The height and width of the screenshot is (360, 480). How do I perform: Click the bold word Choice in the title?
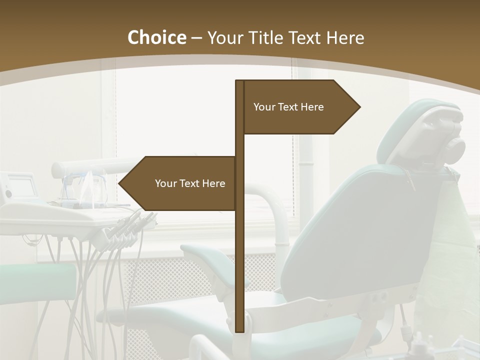[x=156, y=37]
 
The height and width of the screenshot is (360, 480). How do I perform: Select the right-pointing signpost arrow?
[x=300, y=107]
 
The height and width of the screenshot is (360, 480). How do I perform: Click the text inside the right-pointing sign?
[x=288, y=107]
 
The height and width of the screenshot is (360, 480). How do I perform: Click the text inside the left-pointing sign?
[x=190, y=183]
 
